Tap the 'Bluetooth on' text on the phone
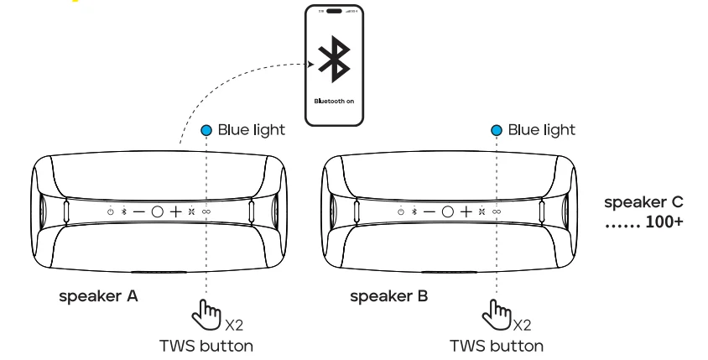(x=333, y=101)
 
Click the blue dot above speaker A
(x=206, y=130)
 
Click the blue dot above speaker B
(x=497, y=130)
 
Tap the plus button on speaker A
(x=175, y=211)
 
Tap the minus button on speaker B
(x=429, y=211)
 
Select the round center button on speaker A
(x=157, y=211)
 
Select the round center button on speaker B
(x=447, y=211)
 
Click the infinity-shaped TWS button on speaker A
(x=206, y=211)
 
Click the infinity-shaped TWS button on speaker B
(x=497, y=211)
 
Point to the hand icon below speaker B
(x=496, y=316)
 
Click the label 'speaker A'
(x=98, y=296)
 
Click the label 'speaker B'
(x=388, y=296)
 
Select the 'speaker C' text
(x=643, y=202)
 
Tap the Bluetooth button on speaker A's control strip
(x=124, y=211)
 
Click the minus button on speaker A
(x=138, y=211)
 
